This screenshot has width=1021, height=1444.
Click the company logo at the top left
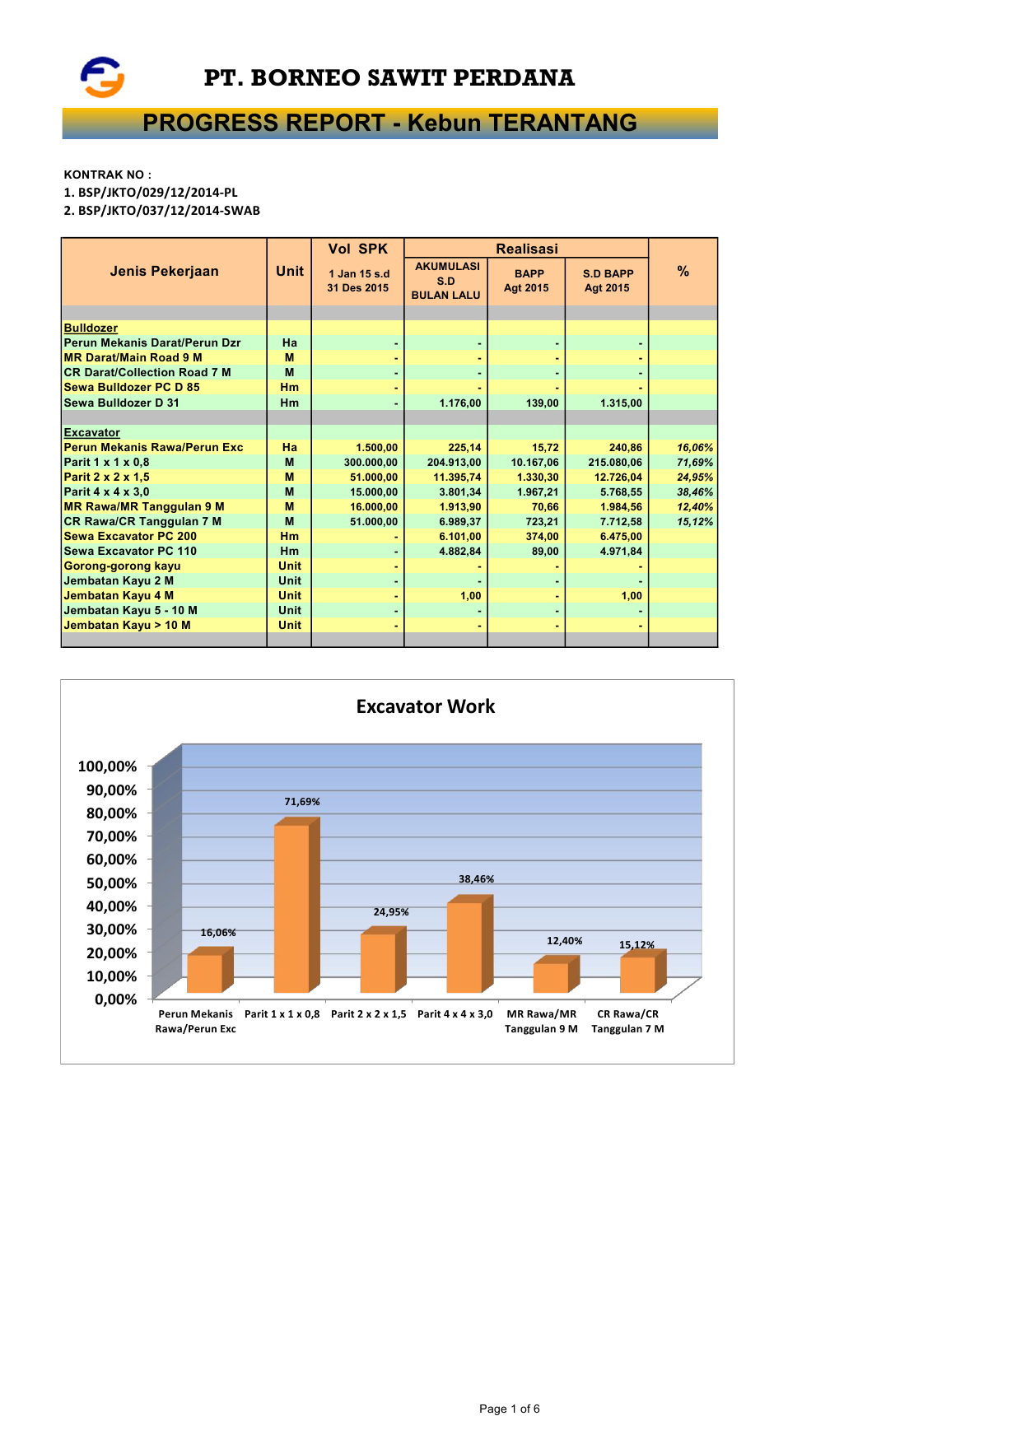click(x=102, y=77)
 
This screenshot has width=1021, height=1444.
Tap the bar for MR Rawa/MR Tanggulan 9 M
click(x=551, y=977)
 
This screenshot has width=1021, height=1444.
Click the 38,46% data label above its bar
click(x=476, y=879)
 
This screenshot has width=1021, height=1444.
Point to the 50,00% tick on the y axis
click(x=107, y=883)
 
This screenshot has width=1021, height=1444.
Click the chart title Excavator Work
click(x=425, y=706)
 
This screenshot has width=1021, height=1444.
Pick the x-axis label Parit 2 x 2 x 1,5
click(x=368, y=1014)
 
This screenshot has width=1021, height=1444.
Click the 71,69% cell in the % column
click(x=695, y=463)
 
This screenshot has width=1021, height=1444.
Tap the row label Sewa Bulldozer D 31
click(x=121, y=403)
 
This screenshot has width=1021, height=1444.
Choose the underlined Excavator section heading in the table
click(x=91, y=433)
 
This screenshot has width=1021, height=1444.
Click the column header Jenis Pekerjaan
click(x=164, y=272)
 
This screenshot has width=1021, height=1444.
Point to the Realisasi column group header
click(x=526, y=249)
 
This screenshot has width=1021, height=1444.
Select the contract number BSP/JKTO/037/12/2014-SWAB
click(x=169, y=211)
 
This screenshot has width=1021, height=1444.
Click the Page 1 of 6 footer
click(x=509, y=1409)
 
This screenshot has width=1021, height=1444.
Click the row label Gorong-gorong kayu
click(x=122, y=566)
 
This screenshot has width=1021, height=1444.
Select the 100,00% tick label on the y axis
click(x=107, y=766)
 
